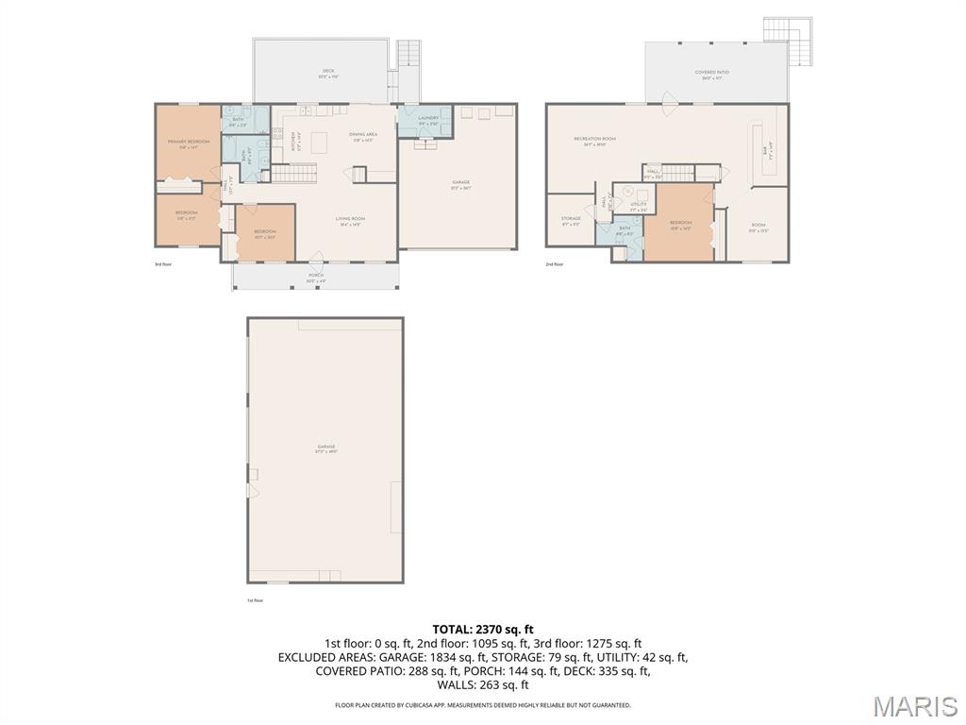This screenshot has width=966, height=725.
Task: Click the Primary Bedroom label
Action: [x=189, y=143]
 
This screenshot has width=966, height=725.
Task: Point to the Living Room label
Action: [x=350, y=221]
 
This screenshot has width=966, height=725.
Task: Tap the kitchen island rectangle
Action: [x=319, y=143]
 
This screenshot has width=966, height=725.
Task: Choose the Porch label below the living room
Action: [x=315, y=278]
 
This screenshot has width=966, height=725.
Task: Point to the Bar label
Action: [x=765, y=149]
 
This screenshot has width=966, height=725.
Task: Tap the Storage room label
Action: [x=571, y=220]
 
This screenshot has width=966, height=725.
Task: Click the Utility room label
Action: [x=638, y=205]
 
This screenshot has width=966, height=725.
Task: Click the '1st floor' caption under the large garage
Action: [x=255, y=600]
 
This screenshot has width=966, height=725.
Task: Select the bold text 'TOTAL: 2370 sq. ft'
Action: [x=483, y=629]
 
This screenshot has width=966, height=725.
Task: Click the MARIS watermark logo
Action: [x=914, y=706]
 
